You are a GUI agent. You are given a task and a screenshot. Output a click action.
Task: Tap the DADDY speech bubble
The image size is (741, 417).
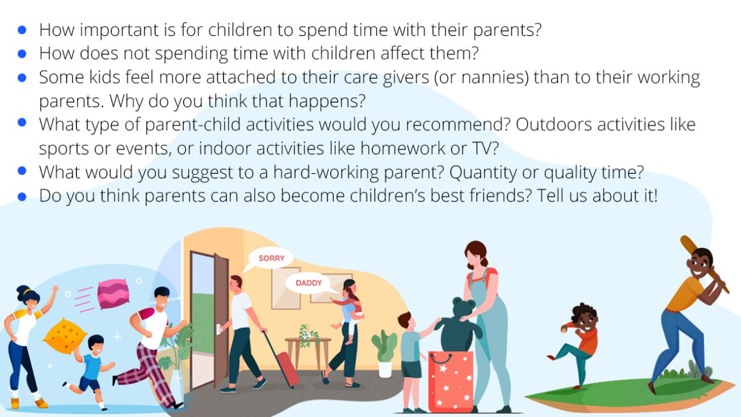(309, 283)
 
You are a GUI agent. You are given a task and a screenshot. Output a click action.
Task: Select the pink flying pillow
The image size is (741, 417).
(113, 294)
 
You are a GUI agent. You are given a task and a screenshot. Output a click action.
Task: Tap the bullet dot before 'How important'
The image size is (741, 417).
(22, 30)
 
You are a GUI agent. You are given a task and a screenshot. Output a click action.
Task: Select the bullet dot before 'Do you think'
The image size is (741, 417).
(22, 196)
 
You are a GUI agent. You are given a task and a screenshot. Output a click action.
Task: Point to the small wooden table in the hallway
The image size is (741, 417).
(307, 351)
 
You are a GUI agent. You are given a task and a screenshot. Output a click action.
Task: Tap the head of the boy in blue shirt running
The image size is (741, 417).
(96, 344)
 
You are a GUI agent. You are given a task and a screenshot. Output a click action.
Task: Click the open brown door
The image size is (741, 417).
(221, 319)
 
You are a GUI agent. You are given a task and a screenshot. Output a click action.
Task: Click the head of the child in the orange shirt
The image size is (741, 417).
(585, 317)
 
